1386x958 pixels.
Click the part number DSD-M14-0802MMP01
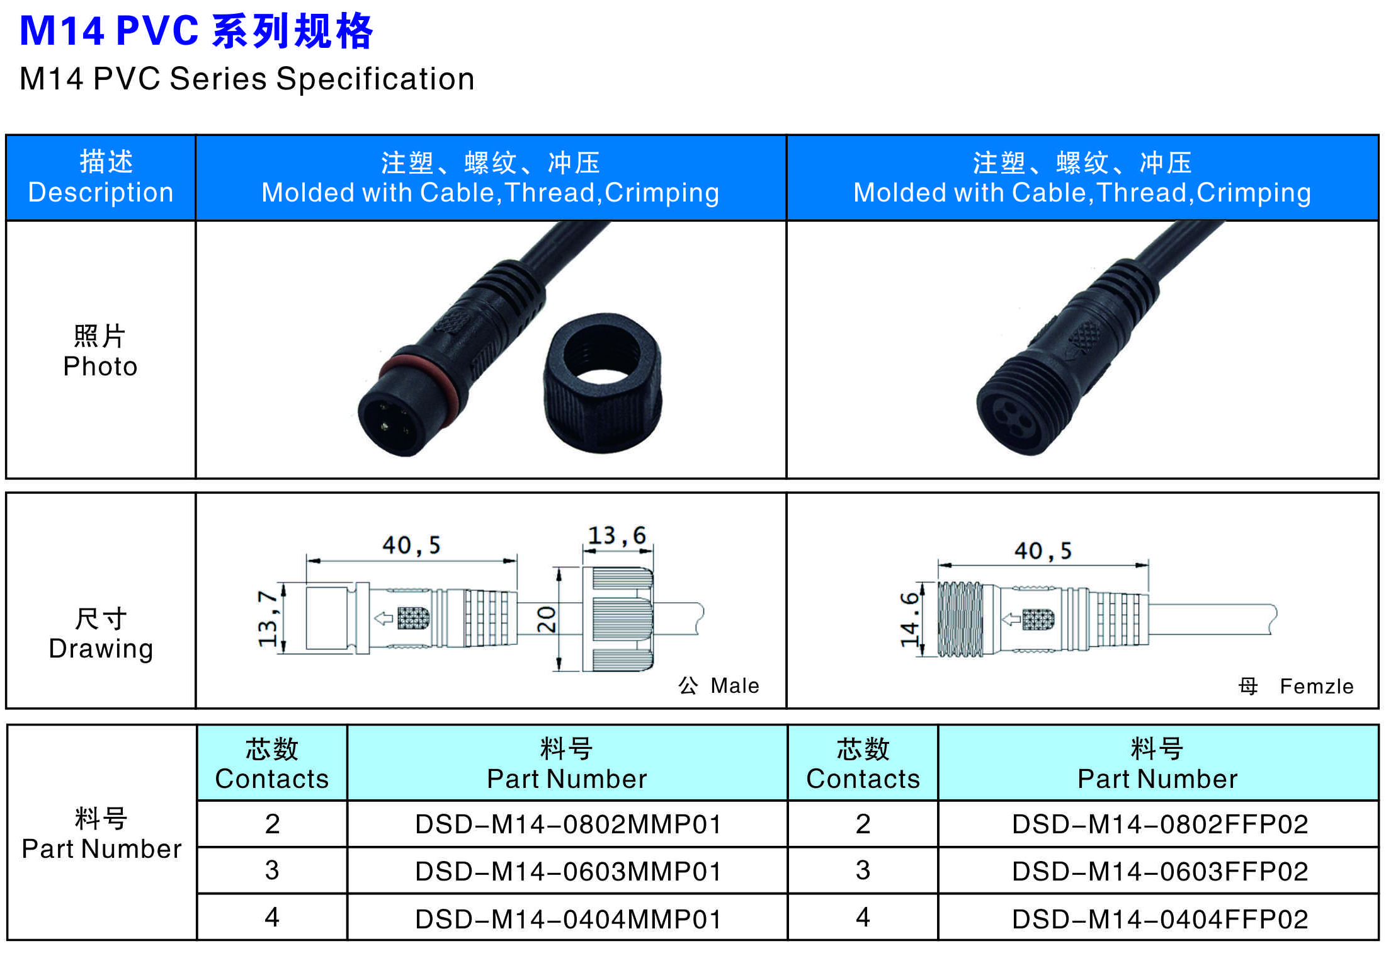(x=567, y=824)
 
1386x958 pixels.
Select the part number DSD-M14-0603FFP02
(x=1160, y=871)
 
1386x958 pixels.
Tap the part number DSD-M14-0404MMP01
(x=567, y=919)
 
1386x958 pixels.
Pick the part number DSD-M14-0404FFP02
(x=1160, y=919)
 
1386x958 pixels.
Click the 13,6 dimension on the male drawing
(x=616, y=535)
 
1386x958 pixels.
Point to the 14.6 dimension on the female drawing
(x=910, y=619)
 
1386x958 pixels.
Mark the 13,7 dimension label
(x=268, y=619)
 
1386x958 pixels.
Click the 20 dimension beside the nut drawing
(x=546, y=619)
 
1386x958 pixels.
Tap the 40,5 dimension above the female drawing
(x=1043, y=551)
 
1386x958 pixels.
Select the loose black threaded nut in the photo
(x=603, y=382)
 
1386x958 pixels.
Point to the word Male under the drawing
(x=735, y=685)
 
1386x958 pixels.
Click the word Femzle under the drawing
(x=1317, y=686)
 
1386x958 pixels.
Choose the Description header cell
(x=101, y=178)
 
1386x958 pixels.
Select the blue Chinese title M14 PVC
(x=196, y=30)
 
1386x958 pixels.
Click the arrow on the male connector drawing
(x=383, y=619)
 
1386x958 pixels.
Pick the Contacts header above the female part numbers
(x=863, y=763)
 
